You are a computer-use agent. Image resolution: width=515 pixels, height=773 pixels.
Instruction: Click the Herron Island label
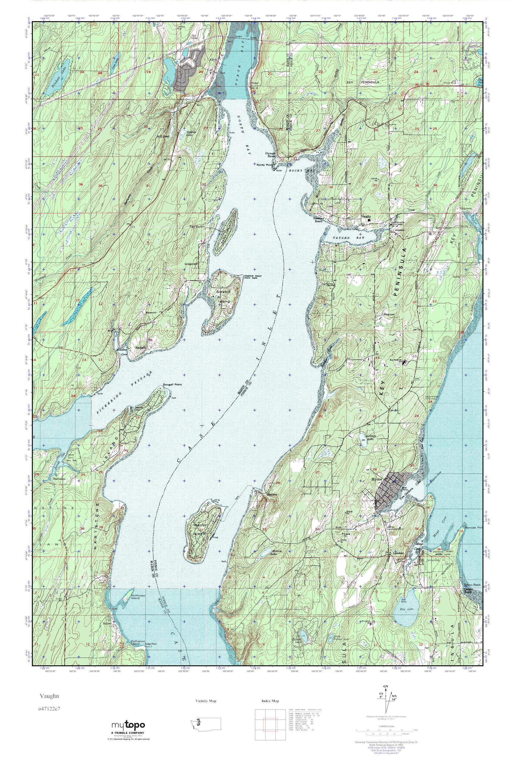tap(201, 529)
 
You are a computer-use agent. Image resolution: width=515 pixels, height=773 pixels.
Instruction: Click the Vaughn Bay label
tap(345, 237)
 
